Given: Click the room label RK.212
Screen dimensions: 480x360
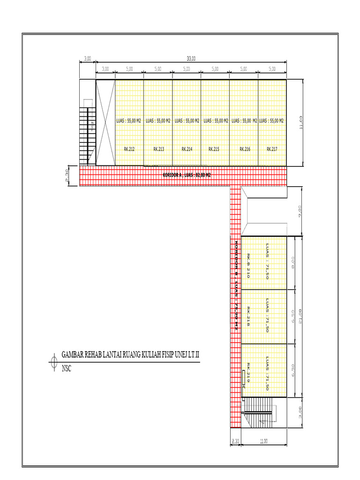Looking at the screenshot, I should (x=129, y=149).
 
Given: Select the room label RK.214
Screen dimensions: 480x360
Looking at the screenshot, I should (x=187, y=149).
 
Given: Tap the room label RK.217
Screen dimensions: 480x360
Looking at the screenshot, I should (x=272, y=149).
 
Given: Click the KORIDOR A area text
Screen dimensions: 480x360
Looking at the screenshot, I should (x=187, y=175).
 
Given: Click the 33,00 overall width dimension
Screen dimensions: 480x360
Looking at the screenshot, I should (x=191, y=59).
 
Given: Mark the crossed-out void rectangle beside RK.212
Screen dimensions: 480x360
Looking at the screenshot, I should (x=105, y=122).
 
